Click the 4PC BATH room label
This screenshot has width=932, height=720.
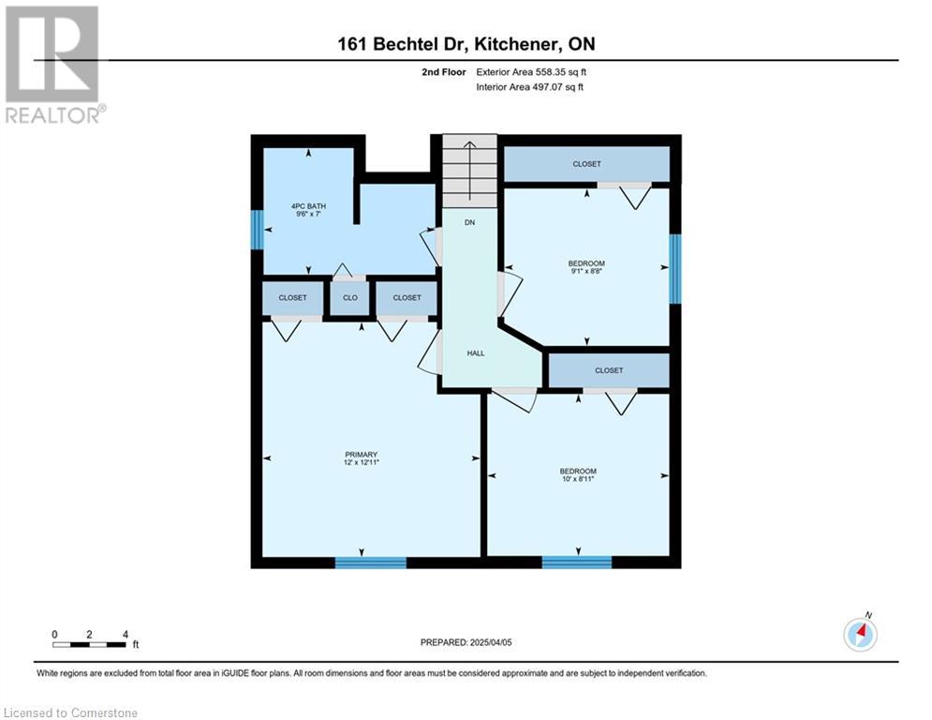(x=308, y=206)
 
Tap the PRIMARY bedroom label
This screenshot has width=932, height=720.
(x=361, y=455)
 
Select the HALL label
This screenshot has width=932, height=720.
(x=476, y=353)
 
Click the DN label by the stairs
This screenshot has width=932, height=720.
(x=469, y=222)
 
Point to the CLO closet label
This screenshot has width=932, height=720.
(x=350, y=297)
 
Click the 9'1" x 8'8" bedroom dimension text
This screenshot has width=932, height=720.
(x=586, y=271)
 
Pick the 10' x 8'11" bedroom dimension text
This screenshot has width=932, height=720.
(x=578, y=479)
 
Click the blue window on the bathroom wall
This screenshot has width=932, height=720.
(x=257, y=230)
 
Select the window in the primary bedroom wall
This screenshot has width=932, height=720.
(x=371, y=562)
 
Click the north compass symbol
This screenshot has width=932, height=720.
(x=861, y=634)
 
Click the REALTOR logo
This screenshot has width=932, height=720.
(x=54, y=65)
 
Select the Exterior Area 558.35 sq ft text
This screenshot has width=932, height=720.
(x=531, y=72)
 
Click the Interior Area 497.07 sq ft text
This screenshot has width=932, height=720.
(x=529, y=87)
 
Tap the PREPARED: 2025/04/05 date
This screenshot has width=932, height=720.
(x=466, y=642)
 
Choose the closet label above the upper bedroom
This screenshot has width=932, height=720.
(x=586, y=164)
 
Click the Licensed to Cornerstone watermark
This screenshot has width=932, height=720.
(x=70, y=712)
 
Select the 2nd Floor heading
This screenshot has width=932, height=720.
(x=444, y=72)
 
